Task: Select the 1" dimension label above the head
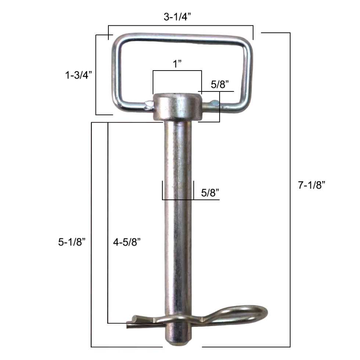pos(178,64)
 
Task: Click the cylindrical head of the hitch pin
pos(177,106)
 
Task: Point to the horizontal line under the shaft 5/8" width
pos(191,200)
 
